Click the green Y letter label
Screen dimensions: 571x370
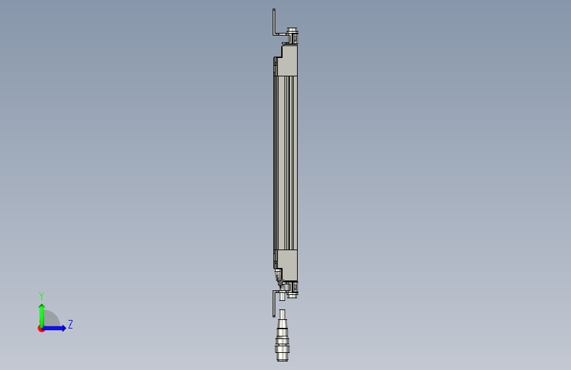41,296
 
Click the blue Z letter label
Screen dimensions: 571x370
70,324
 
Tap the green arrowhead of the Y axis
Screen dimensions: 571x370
42,307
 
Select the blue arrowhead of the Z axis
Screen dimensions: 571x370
63,328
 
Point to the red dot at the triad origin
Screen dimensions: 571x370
40,329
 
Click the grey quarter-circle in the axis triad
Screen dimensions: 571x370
51,318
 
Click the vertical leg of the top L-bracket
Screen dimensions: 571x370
274,22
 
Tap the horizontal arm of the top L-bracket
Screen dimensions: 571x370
281,34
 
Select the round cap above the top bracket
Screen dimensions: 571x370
292,30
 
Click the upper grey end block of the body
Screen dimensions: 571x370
290,61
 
